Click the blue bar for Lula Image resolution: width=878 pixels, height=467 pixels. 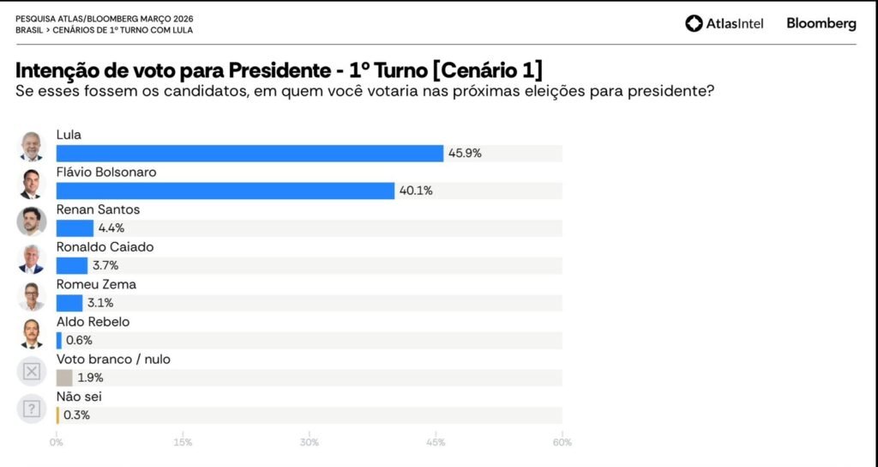pyautogui.click(x=250, y=154)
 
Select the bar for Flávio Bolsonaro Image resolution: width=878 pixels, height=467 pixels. pyautogui.click(x=225, y=191)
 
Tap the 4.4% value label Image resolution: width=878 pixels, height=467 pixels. pyautogui.click(x=111, y=228)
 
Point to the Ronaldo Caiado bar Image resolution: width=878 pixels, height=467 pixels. pyautogui.click(x=72, y=265)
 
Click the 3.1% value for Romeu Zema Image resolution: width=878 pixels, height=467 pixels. pyautogui.click(x=100, y=302)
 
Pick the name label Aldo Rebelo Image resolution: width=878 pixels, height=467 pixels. pyautogui.click(x=93, y=322)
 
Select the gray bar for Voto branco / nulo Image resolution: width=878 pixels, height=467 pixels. pyautogui.click(x=64, y=378)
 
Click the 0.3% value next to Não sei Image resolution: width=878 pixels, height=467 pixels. pyautogui.click(x=77, y=415)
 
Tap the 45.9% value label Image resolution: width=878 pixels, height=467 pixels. pyautogui.click(x=465, y=154)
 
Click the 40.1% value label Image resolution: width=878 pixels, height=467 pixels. pyautogui.click(x=415, y=191)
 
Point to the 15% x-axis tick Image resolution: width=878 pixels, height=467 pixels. pyautogui.click(x=183, y=443)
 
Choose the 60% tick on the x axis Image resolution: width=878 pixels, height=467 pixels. pyautogui.click(x=562, y=443)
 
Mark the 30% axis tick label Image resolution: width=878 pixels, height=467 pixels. pyautogui.click(x=310, y=443)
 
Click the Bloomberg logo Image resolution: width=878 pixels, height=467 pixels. pyautogui.click(x=821, y=24)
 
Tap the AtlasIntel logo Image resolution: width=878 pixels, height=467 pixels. pyautogui.click(x=724, y=24)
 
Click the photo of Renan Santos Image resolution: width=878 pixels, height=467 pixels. pyautogui.click(x=32, y=221)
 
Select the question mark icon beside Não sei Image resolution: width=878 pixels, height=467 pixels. pyautogui.click(x=32, y=409)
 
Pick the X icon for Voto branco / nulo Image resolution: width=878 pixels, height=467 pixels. pyautogui.click(x=32, y=371)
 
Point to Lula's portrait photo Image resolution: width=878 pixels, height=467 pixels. pyautogui.click(x=32, y=147)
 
